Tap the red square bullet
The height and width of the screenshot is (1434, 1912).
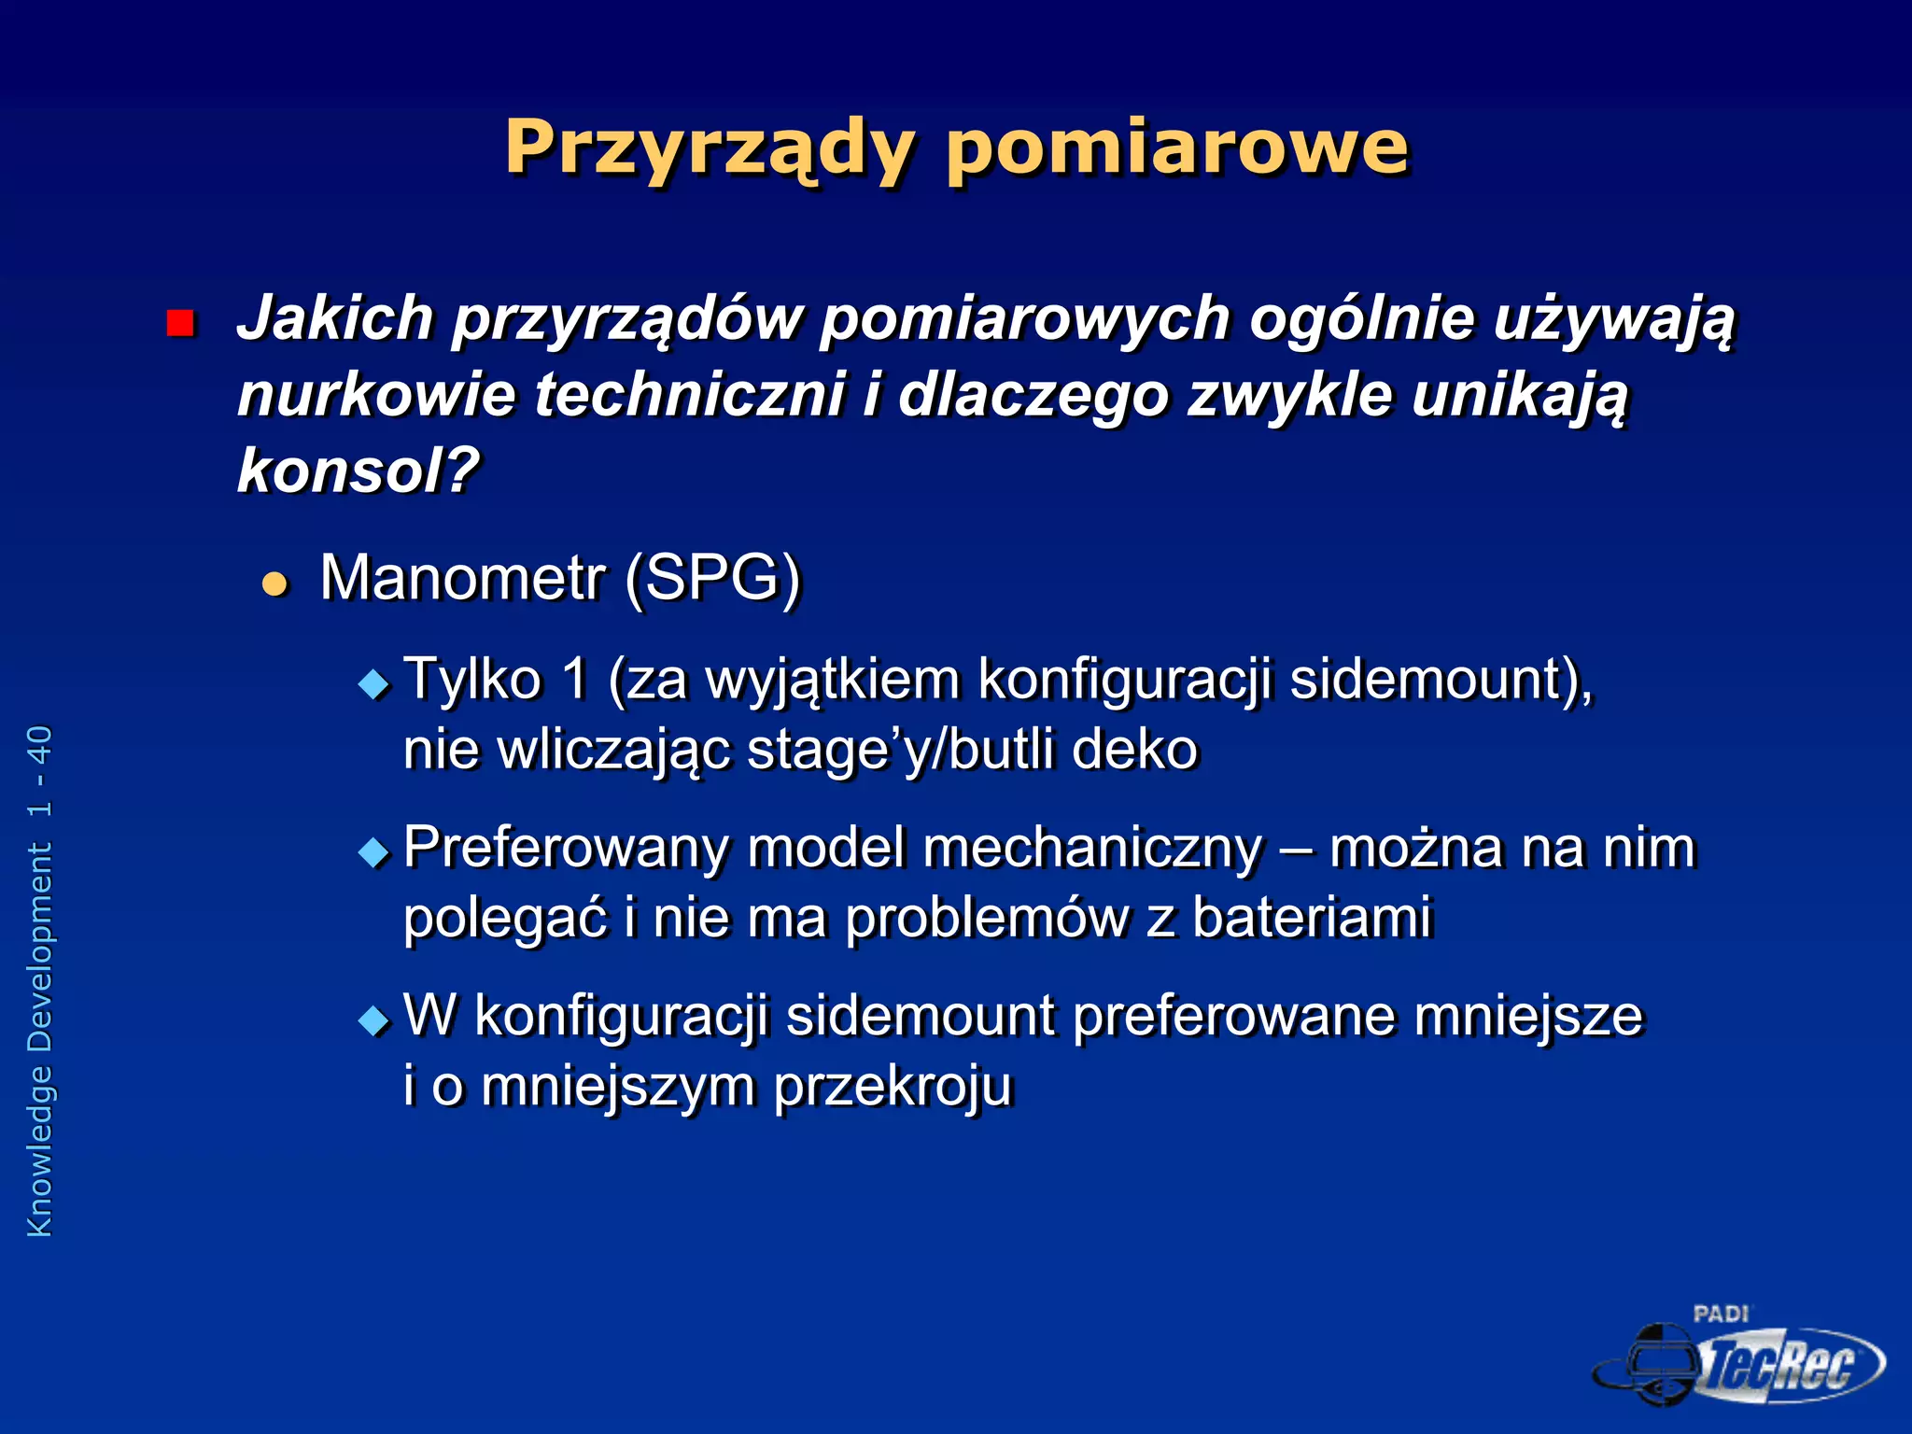[x=179, y=323]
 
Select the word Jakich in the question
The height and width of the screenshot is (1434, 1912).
[x=335, y=318]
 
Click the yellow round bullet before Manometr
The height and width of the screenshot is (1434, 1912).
[x=274, y=584]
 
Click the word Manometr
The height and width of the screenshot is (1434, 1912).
[x=463, y=578]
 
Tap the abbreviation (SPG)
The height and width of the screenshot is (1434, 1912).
[x=713, y=579]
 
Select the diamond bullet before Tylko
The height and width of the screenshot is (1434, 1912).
[x=373, y=685]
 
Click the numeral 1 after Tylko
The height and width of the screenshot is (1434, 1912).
[x=574, y=679]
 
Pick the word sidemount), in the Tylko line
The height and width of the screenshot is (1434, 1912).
[x=1441, y=679]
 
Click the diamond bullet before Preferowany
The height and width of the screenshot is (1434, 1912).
[x=373, y=852]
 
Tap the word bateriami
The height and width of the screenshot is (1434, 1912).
[x=1312, y=918]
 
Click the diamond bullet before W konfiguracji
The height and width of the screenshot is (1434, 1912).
[x=373, y=1020]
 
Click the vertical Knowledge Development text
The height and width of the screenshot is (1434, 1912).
[x=40, y=980]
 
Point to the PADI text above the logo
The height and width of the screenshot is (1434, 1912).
[x=1721, y=1314]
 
